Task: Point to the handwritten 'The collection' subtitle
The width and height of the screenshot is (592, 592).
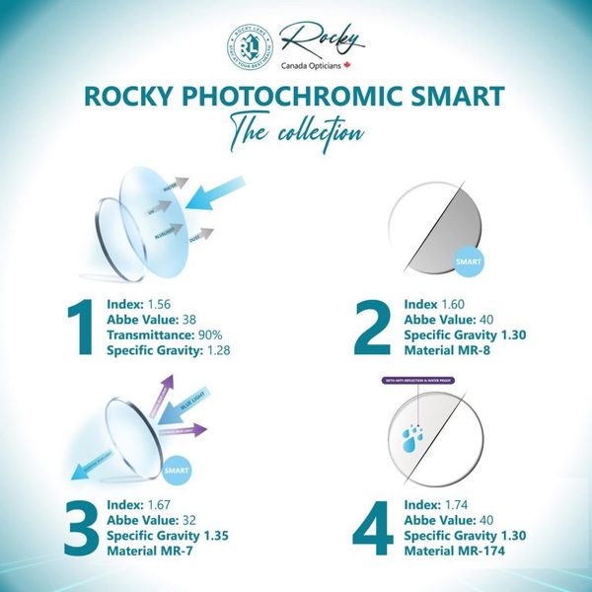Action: [x=295, y=130]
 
